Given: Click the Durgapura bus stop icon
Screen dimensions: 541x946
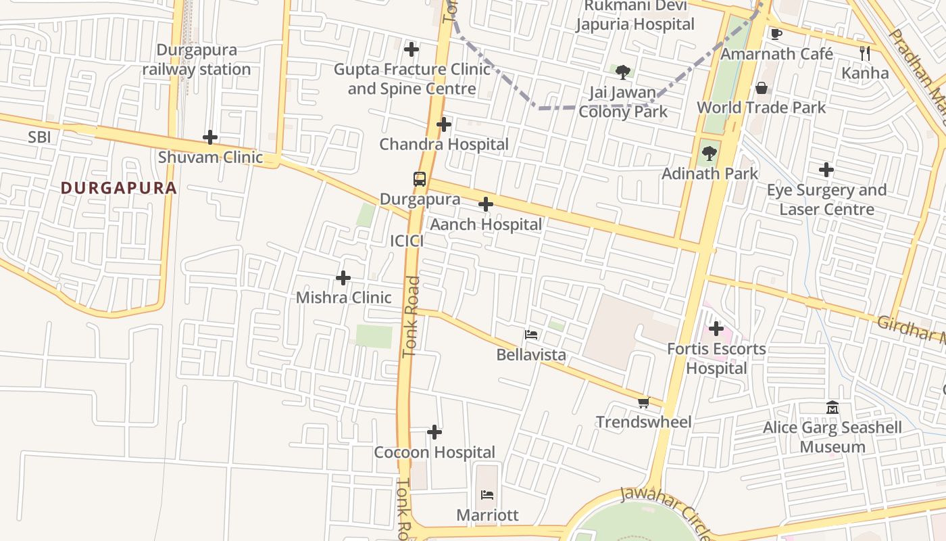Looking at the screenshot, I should pyautogui.click(x=420, y=179).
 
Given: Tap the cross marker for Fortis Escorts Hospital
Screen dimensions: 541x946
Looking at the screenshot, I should pyautogui.click(x=716, y=329).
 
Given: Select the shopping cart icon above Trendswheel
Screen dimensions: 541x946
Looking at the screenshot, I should pyautogui.click(x=643, y=403).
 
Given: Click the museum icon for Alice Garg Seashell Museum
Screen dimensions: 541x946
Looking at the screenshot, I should pyautogui.click(x=832, y=408).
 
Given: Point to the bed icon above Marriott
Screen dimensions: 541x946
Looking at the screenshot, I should pyautogui.click(x=487, y=495).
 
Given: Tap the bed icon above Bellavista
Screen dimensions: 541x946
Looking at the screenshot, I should pyautogui.click(x=531, y=335).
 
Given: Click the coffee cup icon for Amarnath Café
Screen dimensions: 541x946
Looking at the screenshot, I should pyautogui.click(x=776, y=34).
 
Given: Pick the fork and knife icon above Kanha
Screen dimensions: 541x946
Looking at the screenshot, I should pyautogui.click(x=865, y=53).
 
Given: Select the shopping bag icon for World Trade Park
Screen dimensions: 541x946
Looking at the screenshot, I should pyautogui.click(x=762, y=88).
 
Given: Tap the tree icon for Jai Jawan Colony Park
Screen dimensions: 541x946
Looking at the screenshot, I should pyautogui.click(x=623, y=72).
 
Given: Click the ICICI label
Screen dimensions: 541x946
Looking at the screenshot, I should pyautogui.click(x=407, y=241).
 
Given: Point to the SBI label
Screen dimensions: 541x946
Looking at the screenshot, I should pyautogui.click(x=39, y=137).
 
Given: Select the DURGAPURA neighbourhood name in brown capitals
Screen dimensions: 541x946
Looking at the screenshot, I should pyautogui.click(x=119, y=188).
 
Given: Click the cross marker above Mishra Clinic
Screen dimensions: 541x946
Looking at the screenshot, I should pyautogui.click(x=343, y=278).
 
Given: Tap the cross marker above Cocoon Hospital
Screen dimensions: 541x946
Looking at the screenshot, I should pyautogui.click(x=434, y=432).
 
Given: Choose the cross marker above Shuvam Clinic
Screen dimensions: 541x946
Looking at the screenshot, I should pyautogui.click(x=210, y=137).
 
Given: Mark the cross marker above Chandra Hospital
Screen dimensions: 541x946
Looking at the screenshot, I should pyautogui.click(x=444, y=124).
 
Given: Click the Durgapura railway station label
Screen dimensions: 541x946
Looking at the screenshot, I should pyautogui.click(x=197, y=60).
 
